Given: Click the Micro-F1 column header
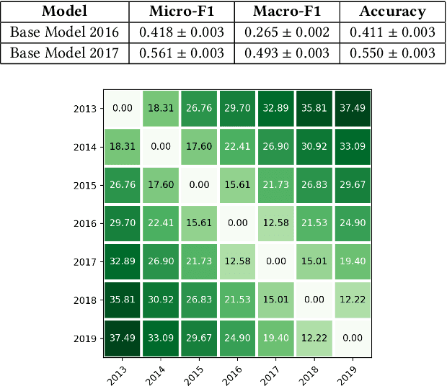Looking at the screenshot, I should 182,12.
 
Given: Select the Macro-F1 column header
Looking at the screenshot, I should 288,12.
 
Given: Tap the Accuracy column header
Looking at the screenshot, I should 393,12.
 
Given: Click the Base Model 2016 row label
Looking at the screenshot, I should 64,33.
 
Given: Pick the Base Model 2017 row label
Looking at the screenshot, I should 64,53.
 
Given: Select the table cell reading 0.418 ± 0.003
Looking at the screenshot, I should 182,33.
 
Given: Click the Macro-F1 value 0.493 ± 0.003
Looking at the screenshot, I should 288,53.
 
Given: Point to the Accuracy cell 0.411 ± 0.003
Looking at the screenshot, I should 393,33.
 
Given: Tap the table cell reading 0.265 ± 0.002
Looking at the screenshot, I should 288,33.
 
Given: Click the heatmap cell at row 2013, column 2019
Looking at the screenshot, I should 351,108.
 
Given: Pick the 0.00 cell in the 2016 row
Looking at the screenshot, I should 237,223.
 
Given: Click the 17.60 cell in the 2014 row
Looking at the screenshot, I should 200,147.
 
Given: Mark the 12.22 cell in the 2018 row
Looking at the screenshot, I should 351,300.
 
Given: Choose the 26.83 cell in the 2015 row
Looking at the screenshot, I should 313,185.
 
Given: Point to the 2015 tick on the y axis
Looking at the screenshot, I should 87,185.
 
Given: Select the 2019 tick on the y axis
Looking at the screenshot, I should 87,338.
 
